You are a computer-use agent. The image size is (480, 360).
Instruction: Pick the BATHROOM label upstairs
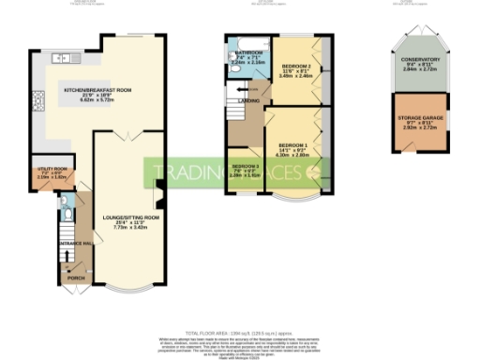pyautogui.click(x=249, y=53)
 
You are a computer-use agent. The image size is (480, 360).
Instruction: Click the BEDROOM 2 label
pyautogui.click(x=296, y=66)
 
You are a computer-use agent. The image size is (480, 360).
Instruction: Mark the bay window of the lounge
pyautogui.click(x=130, y=287)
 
